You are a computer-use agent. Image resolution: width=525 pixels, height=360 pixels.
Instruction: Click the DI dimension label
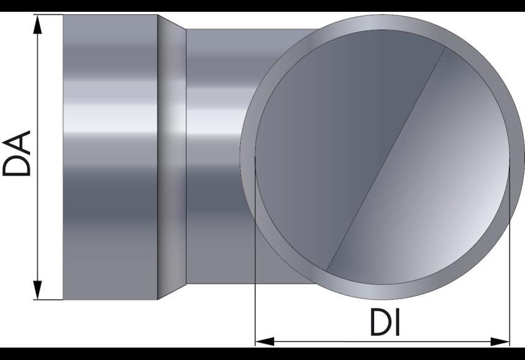click(x=385, y=323)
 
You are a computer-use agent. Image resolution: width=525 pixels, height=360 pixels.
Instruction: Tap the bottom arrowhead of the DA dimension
click(x=38, y=290)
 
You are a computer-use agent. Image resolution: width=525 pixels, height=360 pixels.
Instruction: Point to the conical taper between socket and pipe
click(x=172, y=155)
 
